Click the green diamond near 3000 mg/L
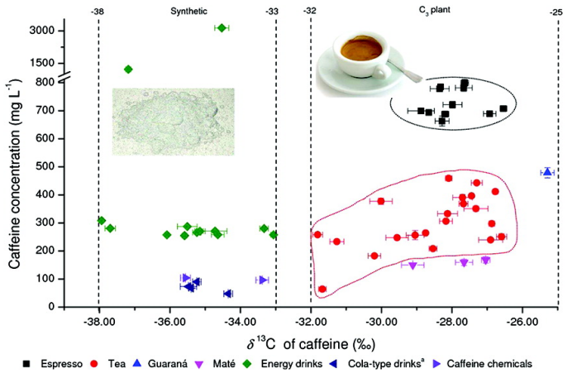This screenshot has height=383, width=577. (222, 28)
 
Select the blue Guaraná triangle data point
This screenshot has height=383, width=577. (546, 172)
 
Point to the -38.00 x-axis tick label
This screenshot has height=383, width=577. (98, 321)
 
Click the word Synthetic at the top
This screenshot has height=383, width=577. (190, 12)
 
